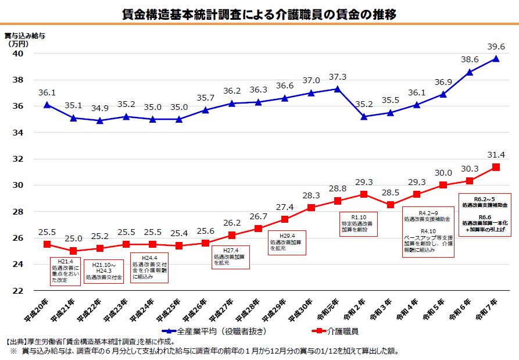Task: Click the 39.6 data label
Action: [x=496, y=47]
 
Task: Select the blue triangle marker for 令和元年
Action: [x=337, y=88]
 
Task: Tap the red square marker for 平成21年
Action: [x=73, y=251]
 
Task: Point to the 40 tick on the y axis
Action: [x=18, y=54]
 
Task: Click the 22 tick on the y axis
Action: [x=18, y=291]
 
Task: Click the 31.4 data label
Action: [x=496, y=155]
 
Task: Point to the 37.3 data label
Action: [x=337, y=77]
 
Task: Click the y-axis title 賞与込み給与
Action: [x=25, y=35]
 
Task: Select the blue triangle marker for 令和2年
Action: [x=364, y=116]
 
